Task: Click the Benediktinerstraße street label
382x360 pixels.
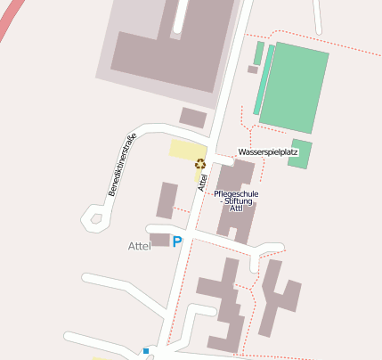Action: tap(122, 164)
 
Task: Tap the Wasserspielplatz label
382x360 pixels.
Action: tap(267, 152)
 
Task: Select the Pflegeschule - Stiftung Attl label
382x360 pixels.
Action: tap(237, 201)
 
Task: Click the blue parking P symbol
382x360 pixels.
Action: tap(177, 241)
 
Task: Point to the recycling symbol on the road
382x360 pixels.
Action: tap(200, 163)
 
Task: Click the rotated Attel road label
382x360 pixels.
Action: tap(203, 181)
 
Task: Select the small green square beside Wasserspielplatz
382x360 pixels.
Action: tap(301, 153)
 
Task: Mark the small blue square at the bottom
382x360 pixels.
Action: tap(146, 351)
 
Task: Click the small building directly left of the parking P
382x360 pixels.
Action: tap(160, 240)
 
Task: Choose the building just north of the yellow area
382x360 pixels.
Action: tap(193, 118)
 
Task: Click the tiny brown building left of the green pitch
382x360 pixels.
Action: tap(253, 70)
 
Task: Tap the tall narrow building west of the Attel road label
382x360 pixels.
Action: tap(167, 200)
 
